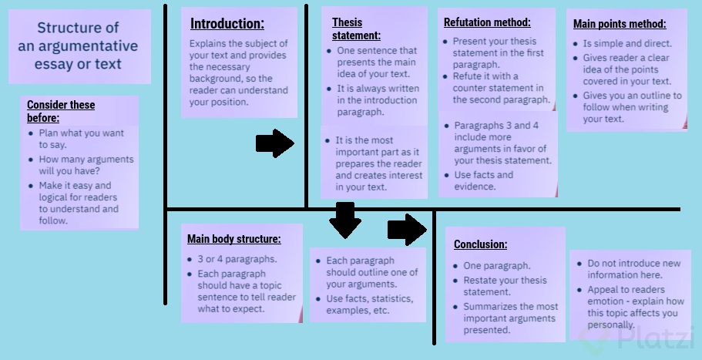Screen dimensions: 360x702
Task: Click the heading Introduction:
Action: (227, 24)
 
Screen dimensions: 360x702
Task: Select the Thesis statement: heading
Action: (356, 29)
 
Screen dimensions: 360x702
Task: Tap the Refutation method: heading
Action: (487, 22)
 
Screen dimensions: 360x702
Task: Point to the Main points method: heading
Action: (620, 24)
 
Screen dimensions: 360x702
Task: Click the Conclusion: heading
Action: (480, 244)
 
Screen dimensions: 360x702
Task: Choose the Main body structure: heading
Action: (234, 239)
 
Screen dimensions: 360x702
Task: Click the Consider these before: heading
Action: (61, 111)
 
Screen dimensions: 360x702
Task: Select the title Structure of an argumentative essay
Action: (78, 46)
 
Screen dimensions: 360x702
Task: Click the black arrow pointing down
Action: (344, 220)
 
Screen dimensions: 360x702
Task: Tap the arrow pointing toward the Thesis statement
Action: (274, 143)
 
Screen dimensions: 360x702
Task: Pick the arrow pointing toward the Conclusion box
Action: (406, 229)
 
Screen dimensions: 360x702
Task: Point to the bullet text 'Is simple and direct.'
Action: (627, 44)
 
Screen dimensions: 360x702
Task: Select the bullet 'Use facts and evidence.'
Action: (483, 180)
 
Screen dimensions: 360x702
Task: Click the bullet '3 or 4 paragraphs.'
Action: (237, 259)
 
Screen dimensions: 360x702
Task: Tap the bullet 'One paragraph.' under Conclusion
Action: (496, 266)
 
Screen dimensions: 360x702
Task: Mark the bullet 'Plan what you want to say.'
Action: (81, 139)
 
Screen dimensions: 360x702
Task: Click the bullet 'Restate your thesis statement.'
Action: (505, 286)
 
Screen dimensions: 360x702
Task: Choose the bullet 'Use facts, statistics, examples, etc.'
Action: (369, 304)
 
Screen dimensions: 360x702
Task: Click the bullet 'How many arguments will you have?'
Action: (86, 165)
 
